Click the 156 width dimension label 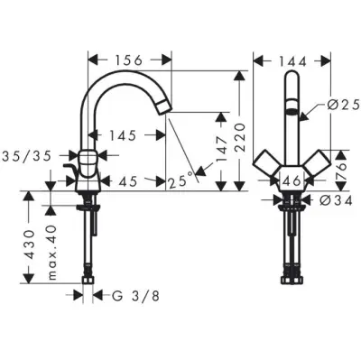pos(129,60)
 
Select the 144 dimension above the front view pos(292,62)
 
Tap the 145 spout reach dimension pos(122,135)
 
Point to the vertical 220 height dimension pos(239,137)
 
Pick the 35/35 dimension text pos(27,156)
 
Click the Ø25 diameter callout pos(343,105)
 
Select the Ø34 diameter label pos(336,201)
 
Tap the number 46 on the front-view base pos(292,181)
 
